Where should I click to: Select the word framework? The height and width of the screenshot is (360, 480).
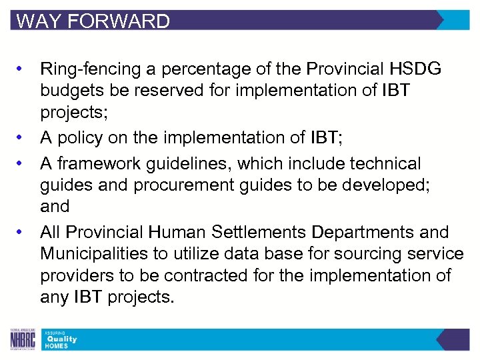pyautogui.click(x=100, y=163)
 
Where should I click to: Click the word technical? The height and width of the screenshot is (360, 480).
pyautogui.click(x=379, y=163)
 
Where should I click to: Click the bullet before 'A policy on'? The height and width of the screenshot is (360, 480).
pyautogui.click(x=22, y=137)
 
